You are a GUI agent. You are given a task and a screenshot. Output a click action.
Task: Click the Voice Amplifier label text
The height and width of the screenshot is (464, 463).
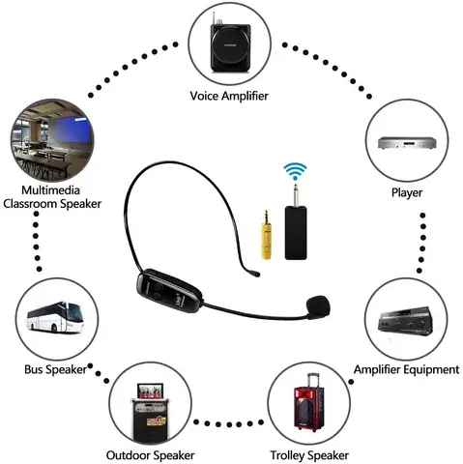pos(232,96)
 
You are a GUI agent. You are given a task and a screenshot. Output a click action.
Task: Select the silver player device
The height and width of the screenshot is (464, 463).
pos(406,146)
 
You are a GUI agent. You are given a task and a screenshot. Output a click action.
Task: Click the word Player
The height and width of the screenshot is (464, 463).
pos(407,192)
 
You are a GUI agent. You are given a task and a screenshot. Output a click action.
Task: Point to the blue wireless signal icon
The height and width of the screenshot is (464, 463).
pos(294,175)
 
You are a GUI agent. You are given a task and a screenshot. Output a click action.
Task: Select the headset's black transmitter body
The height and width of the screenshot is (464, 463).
pos(169,286)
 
